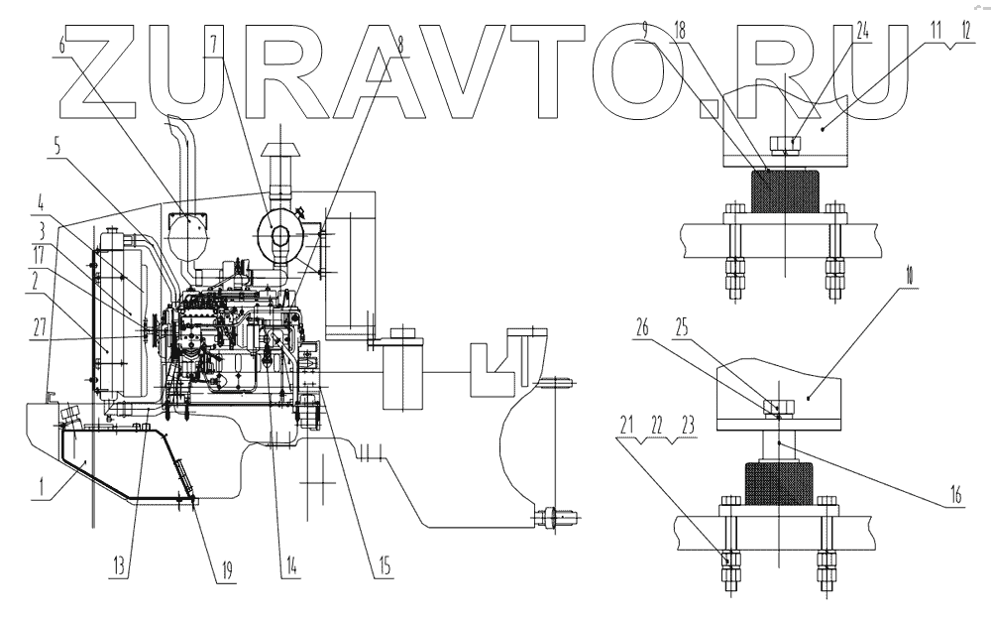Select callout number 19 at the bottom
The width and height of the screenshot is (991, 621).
(x=226, y=569)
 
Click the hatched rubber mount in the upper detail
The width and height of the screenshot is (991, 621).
(x=785, y=191)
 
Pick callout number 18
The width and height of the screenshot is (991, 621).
(x=678, y=31)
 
